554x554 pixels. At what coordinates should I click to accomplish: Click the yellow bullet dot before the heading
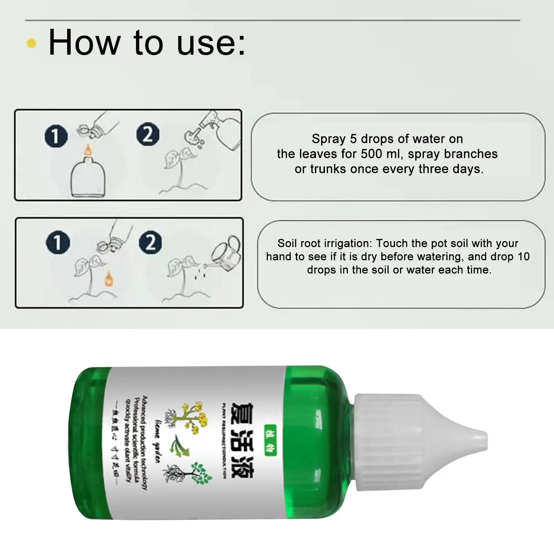tap(31, 43)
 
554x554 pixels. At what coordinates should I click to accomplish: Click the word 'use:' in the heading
tap(211, 43)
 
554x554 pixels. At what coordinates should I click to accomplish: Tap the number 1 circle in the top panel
tap(56, 136)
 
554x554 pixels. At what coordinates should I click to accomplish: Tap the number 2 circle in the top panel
tap(148, 134)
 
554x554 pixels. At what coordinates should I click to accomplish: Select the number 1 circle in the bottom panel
tap(58, 242)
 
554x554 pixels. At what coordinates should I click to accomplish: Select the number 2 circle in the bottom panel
tap(150, 242)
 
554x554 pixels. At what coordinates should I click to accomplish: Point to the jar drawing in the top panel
tap(88, 178)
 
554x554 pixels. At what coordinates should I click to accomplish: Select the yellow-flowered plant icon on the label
tap(187, 417)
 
